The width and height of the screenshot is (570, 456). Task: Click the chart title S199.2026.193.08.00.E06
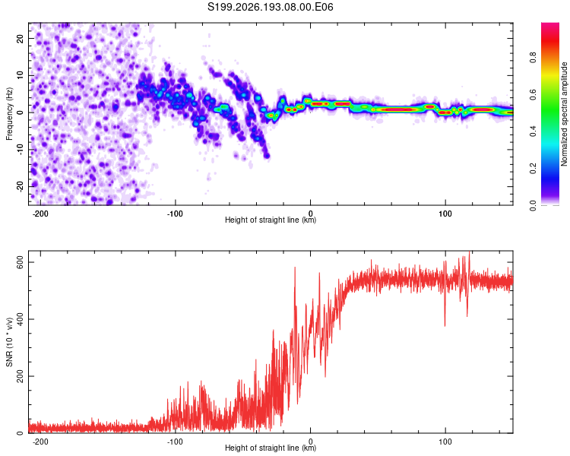click(x=270, y=7)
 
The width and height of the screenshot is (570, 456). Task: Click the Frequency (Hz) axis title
click(x=9, y=114)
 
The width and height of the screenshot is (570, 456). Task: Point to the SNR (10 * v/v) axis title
click(x=9, y=342)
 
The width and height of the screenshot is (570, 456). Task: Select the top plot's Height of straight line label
click(x=271, y=220)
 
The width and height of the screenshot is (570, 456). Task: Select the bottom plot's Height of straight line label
click(x=271, y=448)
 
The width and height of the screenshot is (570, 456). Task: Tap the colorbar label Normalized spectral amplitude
click(x=564, y=114)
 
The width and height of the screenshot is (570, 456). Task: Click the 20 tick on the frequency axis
click(x=21, y=38)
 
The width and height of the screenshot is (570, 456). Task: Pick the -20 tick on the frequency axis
click(x=21, y=187)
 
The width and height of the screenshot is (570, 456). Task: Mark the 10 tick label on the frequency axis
click(x=21, y=75)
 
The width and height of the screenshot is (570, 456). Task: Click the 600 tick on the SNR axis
click(x=21, y=262)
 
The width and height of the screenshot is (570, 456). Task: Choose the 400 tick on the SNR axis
click(x=21, y=319)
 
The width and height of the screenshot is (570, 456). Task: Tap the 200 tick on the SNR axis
click(x=21, y=376)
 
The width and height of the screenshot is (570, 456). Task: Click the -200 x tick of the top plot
click(x=40, y=214)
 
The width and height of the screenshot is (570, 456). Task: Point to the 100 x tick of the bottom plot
click(x=445, y=442)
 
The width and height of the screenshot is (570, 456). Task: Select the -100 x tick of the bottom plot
click(x=175, y=442)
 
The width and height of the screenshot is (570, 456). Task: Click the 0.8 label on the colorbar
click(x=533, y=57)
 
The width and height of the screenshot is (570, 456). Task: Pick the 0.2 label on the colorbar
click(x=533, y=169)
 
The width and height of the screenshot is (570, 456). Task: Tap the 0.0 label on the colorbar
click(x=533, y=206)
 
